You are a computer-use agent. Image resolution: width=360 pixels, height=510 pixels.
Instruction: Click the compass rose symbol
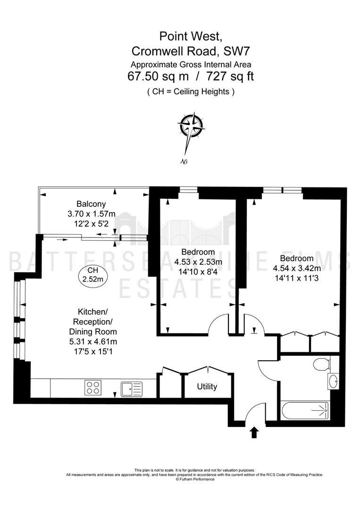(x=191, y=126)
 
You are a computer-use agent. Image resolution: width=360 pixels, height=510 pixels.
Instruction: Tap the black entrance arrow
(x=254, y=433)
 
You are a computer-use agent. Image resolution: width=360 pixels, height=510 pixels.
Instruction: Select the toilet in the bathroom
(x=322, y=364)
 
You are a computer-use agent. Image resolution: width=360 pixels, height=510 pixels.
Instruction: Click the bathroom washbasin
(x=333, y=381)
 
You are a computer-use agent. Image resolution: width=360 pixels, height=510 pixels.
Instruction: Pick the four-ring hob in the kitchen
(x=93, y=388)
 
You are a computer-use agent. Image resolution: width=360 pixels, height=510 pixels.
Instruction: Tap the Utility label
(x=207, y=387)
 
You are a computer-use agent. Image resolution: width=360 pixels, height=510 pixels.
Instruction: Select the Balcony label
(x=91, y=204)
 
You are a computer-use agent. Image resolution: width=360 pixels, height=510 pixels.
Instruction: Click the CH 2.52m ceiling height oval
(x=93, y=275)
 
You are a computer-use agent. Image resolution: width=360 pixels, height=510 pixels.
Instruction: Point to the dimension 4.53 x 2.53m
(x=198, y=262)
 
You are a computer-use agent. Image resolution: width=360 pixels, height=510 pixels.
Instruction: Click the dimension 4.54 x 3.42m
(x=297, y=268)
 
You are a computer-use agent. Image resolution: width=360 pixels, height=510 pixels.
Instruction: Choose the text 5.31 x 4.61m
(x=93, y=341)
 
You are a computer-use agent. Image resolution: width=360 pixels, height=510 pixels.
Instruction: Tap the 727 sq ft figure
(x=230, y=76)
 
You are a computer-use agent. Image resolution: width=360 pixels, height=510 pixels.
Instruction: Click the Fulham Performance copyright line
(x=195, y=479)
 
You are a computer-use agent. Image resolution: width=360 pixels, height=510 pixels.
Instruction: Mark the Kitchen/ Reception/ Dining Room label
(x=93, y=322)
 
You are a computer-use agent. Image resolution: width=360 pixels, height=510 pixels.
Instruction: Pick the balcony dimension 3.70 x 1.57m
(x=92, y=214)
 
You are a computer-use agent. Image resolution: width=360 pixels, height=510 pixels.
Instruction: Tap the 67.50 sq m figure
(x=158, y=76)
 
